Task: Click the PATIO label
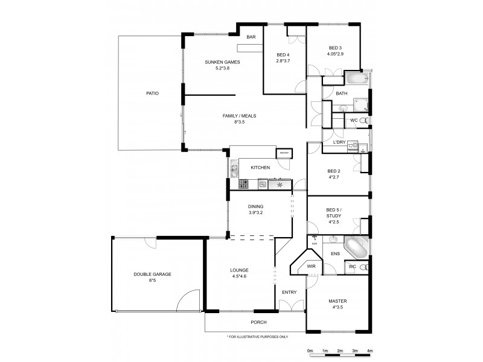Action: pos(152,94)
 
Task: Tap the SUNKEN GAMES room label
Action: pos(223,62)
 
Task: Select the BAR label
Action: pos(251,37)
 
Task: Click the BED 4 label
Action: pos(283,55)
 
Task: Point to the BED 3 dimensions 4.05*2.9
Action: pos(335,54)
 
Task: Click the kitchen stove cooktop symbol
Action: pos(243,184)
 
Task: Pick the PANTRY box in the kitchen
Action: pos(283,153)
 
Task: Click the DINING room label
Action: pos(255,206)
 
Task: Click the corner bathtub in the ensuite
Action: pos(354,248)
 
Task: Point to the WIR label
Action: pos(312,265)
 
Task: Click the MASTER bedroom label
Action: pos(337,301)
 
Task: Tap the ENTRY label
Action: pos(289,292)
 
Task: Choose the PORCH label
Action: pos(259,322)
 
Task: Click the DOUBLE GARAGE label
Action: pos(152,275)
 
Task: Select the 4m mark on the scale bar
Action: pos(369,351)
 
